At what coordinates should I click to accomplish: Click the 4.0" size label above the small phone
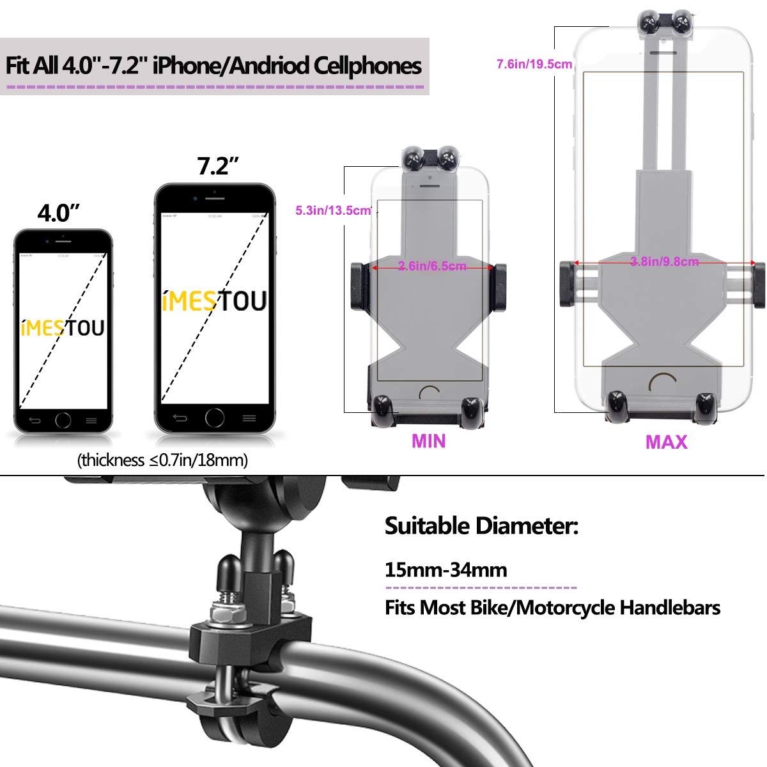(58, 213)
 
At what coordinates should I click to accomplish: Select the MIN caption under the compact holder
(428, 442)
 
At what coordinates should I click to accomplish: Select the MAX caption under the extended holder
(666, 442)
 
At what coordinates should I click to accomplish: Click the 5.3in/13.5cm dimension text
(333, 210)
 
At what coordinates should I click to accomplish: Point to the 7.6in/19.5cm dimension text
(534, 64)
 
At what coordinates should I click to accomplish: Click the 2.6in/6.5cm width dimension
(432, 267)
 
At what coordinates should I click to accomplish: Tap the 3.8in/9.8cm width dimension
(664, 261)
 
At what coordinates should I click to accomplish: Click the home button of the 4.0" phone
(63, 420)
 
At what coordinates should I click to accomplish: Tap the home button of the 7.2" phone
(215, 417)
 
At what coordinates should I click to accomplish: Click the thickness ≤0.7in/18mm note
(162, 460)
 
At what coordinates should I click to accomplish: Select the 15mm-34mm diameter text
(445, 569)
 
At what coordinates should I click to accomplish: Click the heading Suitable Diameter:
(481, 526)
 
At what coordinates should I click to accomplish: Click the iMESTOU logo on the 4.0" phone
(63, 329)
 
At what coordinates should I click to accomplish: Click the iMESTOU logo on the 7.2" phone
(214, 301)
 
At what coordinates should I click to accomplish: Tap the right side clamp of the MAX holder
(758, 283)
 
